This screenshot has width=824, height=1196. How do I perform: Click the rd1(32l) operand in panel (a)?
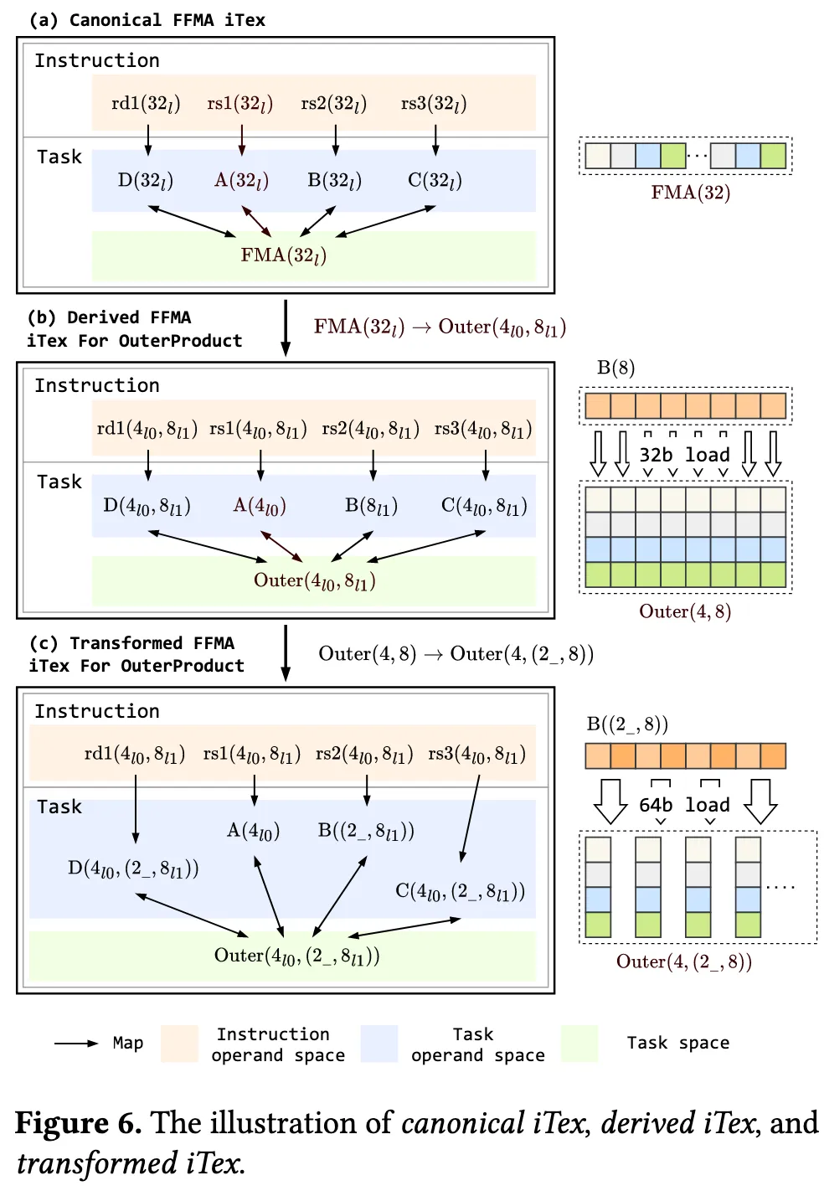coord(146,104)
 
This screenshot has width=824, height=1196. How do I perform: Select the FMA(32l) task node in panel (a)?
coord(283,255)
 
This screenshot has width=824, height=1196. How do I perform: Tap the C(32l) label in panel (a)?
coord(435,181)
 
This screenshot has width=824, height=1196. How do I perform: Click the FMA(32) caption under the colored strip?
coord(691,193)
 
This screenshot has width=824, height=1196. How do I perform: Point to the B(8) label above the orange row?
coord(615,368)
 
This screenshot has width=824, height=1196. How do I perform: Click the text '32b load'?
coord(684,455)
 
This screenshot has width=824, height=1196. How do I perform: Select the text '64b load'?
coord(684,805)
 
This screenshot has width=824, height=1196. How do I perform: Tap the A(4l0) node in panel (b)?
coord(260,506)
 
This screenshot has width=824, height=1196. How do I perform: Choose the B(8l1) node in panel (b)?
coord(371,506)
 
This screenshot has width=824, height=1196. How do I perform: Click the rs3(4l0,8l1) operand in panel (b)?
coord(483,430)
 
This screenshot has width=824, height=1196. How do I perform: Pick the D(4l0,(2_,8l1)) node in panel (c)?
coord(133,869)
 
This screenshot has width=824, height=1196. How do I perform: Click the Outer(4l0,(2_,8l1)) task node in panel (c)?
coord(296,956)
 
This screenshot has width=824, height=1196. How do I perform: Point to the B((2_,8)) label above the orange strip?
coord(627,724)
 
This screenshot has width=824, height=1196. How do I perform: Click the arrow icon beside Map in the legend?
coord(76,1044)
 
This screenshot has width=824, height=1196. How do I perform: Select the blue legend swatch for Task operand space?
coord(379,1044)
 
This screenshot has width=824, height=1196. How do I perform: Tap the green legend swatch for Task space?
coord(579,1044)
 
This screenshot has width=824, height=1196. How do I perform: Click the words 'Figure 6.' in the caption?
coord(78,1123)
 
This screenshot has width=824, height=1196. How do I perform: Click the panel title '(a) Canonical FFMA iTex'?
coord(147,20)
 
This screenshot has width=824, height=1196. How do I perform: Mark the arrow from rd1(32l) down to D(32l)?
coord(148,140)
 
